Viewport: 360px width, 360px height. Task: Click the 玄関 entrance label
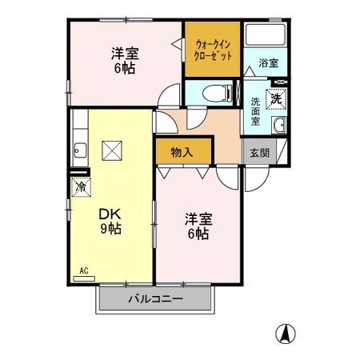[255, 152]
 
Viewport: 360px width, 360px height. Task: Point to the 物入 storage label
[183, 151]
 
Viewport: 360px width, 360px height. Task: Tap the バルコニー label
[156, 299]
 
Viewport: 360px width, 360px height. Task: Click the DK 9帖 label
[110, 221]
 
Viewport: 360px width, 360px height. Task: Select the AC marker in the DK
[82, 271]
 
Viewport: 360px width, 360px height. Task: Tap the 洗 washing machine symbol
[276, 99]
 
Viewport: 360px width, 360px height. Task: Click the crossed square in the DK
[111, 150]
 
